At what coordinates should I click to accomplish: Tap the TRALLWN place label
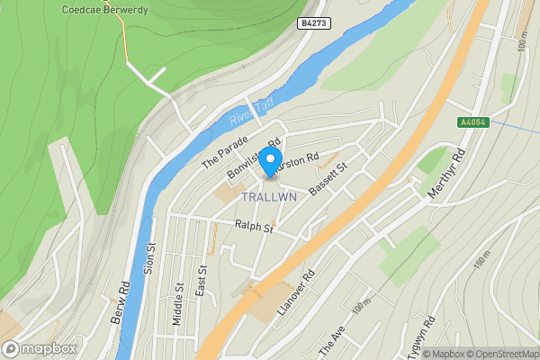click(270, 197)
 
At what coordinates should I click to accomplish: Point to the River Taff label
click(250, 112)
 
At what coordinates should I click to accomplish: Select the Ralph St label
click(254, 227)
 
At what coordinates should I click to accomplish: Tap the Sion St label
click(151, 259)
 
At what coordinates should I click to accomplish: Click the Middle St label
click(178, 304)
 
